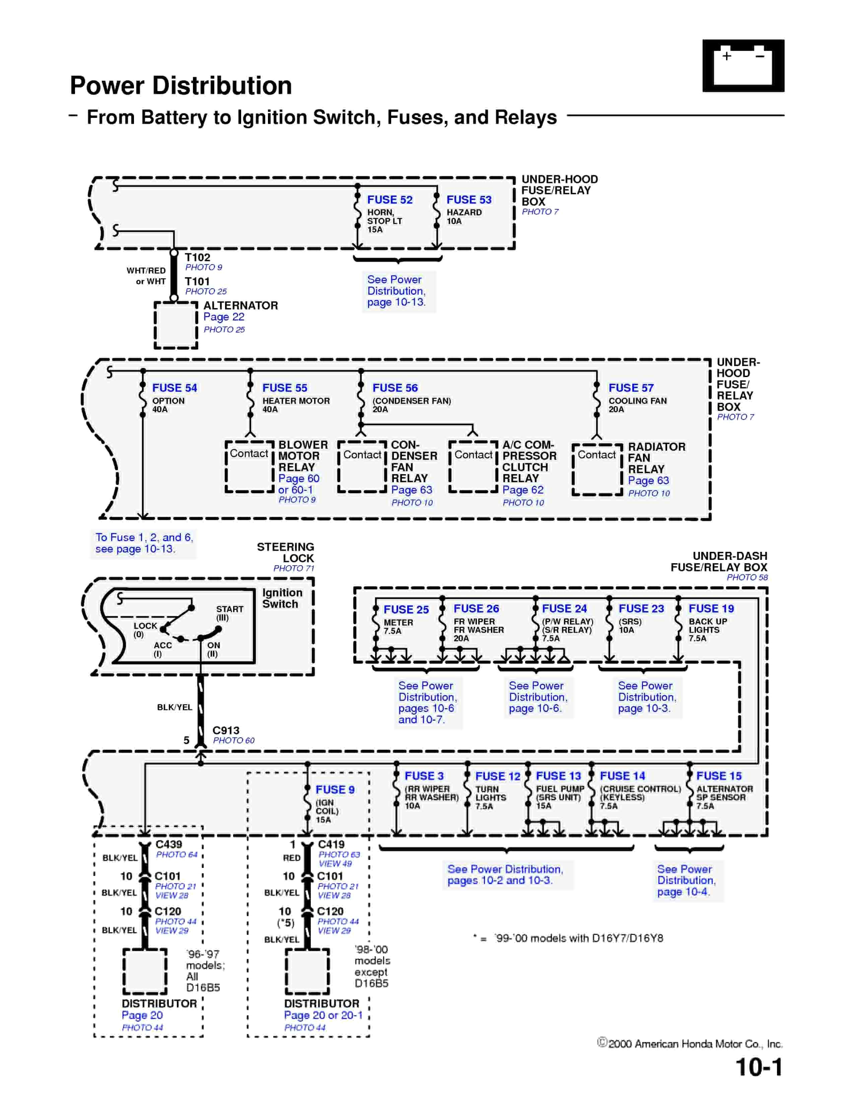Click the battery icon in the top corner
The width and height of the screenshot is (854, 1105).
pos(743,66)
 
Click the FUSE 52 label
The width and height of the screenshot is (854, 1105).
pos(389,200)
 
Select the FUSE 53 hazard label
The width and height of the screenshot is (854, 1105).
pos(469,200)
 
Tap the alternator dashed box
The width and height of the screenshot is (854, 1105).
pos(175,326)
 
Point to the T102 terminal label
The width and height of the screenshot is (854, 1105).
pos(197,257)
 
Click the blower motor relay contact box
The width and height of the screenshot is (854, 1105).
pos(250,466)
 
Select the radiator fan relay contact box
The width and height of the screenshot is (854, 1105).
pos(597,469)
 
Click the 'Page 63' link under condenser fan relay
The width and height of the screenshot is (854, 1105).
pos(411,490)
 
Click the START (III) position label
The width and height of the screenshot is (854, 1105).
pos(230,613)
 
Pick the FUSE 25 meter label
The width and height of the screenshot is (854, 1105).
pos(406,609)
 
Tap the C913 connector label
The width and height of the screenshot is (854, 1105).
pos(226,730)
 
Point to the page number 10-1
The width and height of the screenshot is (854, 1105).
pos(759,1067)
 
